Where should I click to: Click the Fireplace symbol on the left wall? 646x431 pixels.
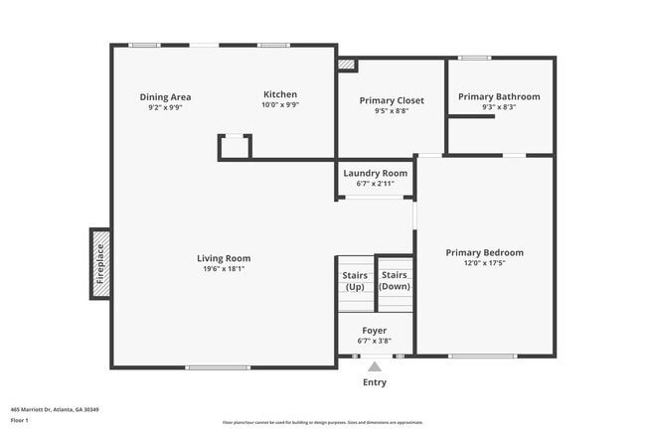click(x=99, y=262)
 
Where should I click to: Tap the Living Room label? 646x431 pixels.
click(x=224, y=258)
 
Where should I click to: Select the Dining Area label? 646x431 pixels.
click(x=165, y=97)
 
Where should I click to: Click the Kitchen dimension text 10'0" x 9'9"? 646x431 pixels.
click(x=280, y=105)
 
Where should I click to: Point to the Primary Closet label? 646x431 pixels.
click(x=392, y=101)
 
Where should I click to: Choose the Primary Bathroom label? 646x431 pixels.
click(x=499, y=96)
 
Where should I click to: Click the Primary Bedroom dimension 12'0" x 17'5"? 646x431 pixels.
click(x=484, y=262)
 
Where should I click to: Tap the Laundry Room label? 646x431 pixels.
click(x=376, y=174)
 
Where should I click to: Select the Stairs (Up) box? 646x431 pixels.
click(x=355, y=281)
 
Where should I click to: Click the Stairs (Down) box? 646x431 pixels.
click(x=395, y=281)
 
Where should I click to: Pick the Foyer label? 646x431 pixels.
click(x=375, y=331)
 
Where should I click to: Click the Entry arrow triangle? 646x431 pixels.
click(x=375, y=367)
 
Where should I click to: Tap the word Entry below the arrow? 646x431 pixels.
click(x=375, y=382)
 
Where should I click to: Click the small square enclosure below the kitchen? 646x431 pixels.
click(x=235, y=147)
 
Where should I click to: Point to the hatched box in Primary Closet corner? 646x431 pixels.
click(x=346, y=65)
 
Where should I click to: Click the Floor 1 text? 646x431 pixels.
click(x=20, y=420)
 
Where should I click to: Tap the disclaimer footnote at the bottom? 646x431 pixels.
click(x=322, y=422)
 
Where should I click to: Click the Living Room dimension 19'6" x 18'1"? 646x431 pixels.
click(x=224, y=268)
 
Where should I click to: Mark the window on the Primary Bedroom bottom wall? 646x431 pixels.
click(x=483, y=356)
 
